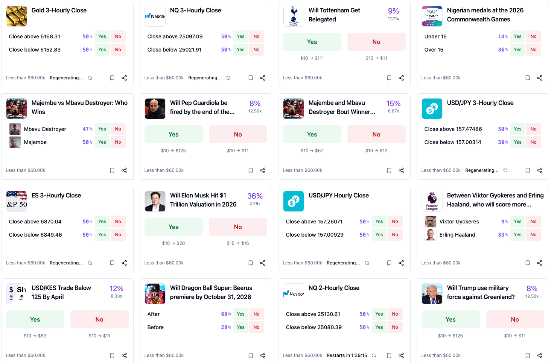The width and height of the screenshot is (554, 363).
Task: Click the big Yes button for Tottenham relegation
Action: [x=312, y=42]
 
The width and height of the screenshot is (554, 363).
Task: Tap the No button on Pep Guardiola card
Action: [x=237, y=134]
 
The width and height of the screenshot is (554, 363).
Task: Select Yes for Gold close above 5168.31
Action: [x=102, y=36]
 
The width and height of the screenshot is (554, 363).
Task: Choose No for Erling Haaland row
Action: [x=533, y=235]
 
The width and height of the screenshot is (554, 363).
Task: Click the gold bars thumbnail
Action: [x=17, y=16]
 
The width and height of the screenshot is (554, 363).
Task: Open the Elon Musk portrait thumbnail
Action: [x=155, y=201]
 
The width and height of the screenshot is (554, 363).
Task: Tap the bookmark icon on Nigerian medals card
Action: [x=527, y=78]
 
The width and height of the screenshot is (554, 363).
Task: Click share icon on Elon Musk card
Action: [x=263, y=263]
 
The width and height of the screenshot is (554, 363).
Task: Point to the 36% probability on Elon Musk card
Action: [x=255, y=196]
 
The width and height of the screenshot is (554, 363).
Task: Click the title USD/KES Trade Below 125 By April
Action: [x=61, y=292]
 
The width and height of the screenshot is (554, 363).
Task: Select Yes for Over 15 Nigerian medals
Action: [x=517, y=50]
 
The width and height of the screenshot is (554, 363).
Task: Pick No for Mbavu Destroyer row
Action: [x=118, y=129]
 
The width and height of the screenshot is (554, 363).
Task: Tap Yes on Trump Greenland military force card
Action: [x=450, y=319]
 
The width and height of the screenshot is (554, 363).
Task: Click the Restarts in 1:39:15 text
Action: [x=347, y=355]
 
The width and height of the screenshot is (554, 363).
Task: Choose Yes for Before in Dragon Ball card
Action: [x=240, y=327]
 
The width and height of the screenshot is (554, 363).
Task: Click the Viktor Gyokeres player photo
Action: [x=430, y=222]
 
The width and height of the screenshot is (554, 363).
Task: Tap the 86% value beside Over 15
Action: [x=502, y=50]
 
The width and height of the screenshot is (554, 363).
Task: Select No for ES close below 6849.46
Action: [x=118, y=235]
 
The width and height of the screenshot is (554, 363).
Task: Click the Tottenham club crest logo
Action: [x=294, y=16]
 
